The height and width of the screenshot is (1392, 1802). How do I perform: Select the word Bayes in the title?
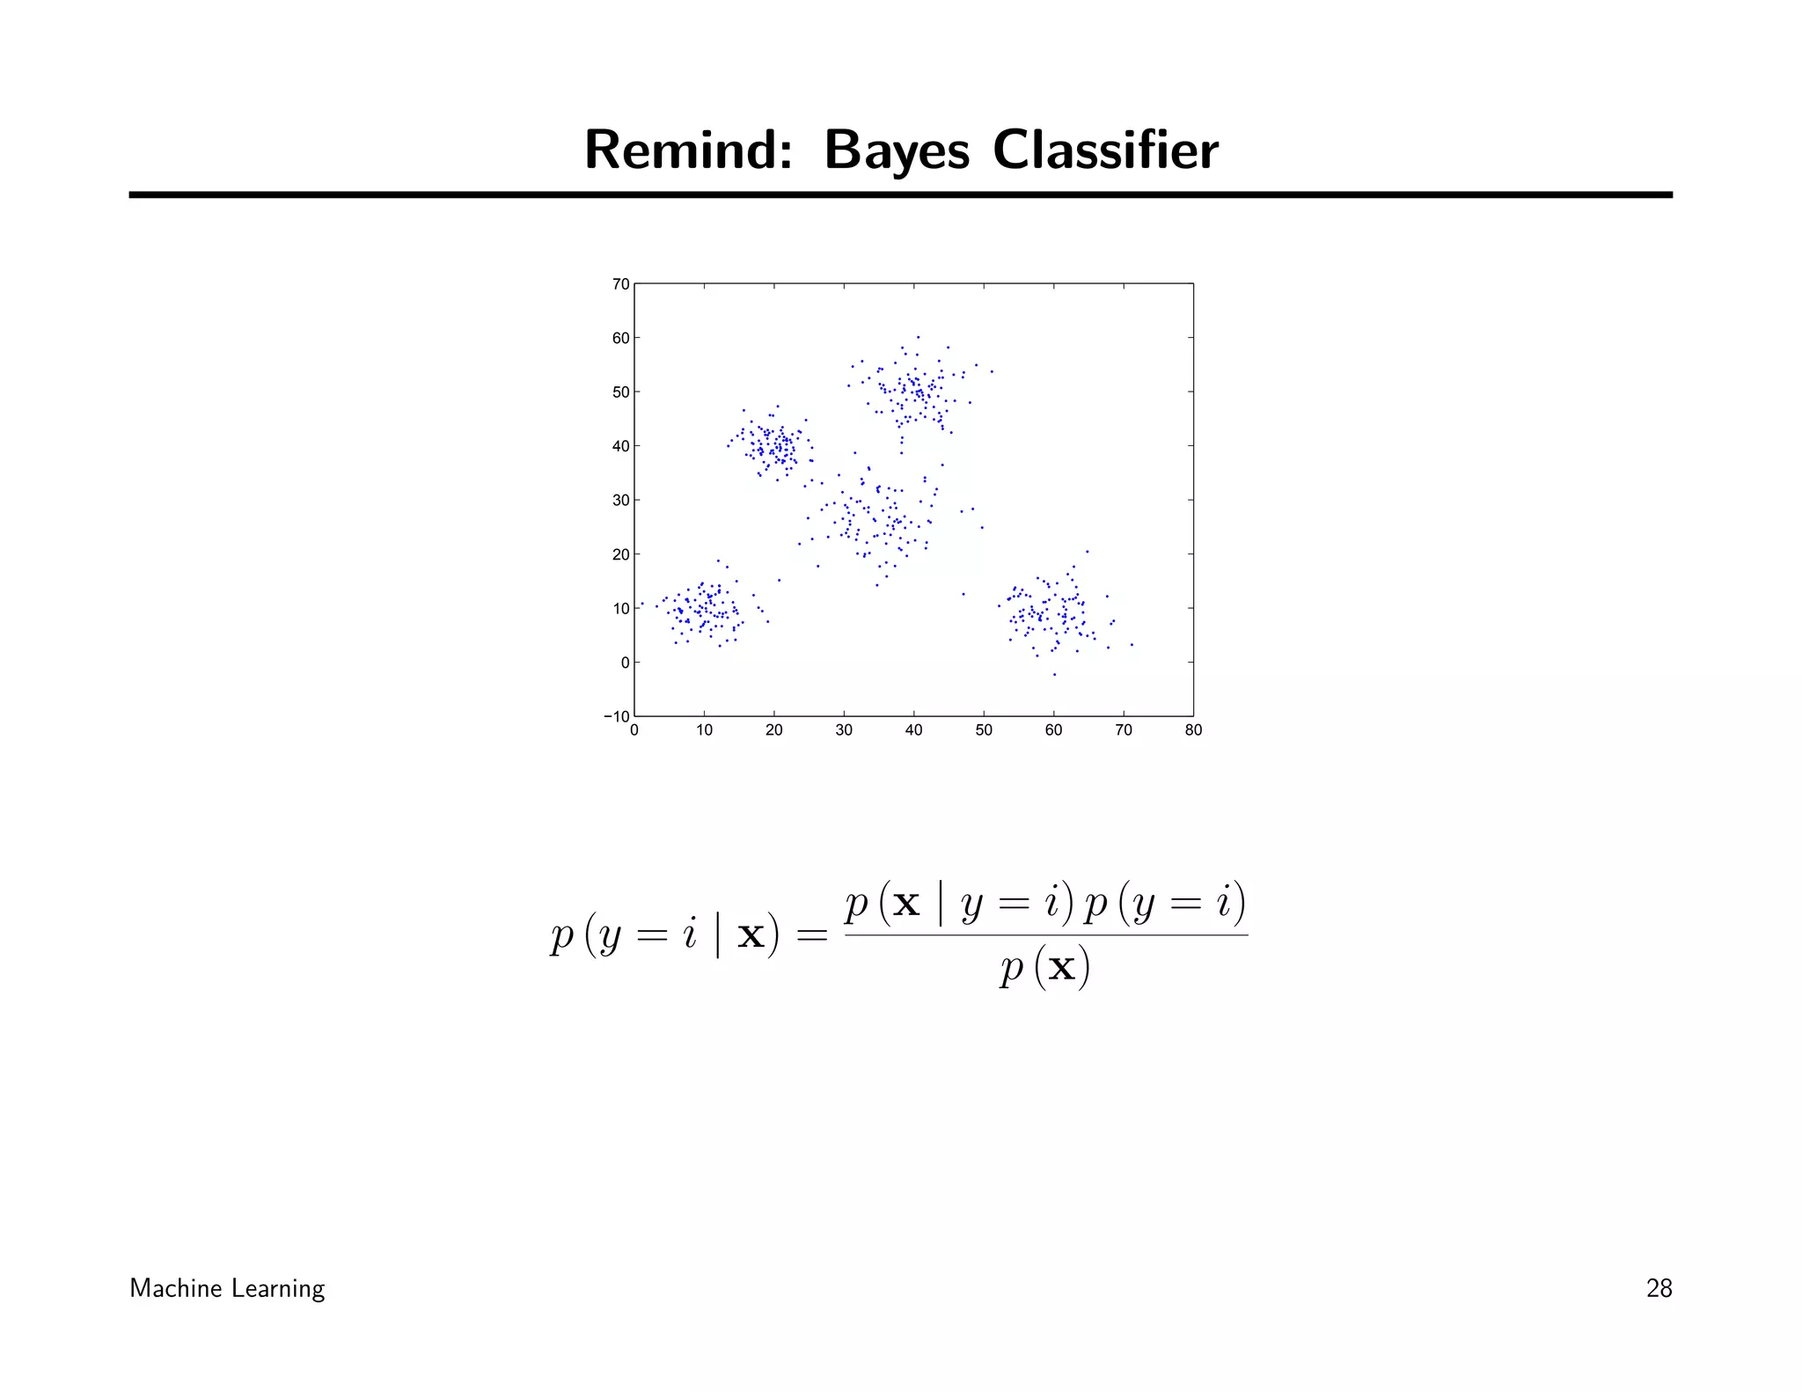click(896, 151)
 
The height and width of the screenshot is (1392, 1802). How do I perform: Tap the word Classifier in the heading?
click(1105, 150)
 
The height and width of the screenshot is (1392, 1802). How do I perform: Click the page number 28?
click(1659, 1288)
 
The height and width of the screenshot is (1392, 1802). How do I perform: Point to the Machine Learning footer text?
click(227, 1288)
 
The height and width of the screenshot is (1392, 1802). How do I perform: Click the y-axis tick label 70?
click(620, 284)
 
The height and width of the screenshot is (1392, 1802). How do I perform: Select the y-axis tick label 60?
click(620, 338)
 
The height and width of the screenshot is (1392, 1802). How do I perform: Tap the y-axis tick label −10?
click(616, 716)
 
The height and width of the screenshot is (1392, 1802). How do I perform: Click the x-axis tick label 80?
click(1193, 730)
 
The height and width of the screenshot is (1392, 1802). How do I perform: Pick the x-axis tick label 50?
click(984, 730)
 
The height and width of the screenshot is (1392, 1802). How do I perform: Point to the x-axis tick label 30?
click(844, 730)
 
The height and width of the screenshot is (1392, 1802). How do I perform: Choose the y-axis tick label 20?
click(620, 554)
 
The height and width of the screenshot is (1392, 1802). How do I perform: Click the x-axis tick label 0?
click(634, 730)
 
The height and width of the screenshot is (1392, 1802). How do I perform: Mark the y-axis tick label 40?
click(620, 446)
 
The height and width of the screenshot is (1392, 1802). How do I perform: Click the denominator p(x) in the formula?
click(1044, 968)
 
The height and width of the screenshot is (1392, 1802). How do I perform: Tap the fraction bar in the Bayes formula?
click(1045, 935)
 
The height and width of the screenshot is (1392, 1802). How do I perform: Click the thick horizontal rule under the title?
click(900, 194)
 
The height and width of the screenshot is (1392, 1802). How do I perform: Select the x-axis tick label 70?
click(1124, 730)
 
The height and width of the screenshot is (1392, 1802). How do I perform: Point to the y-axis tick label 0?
click(625, 663)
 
